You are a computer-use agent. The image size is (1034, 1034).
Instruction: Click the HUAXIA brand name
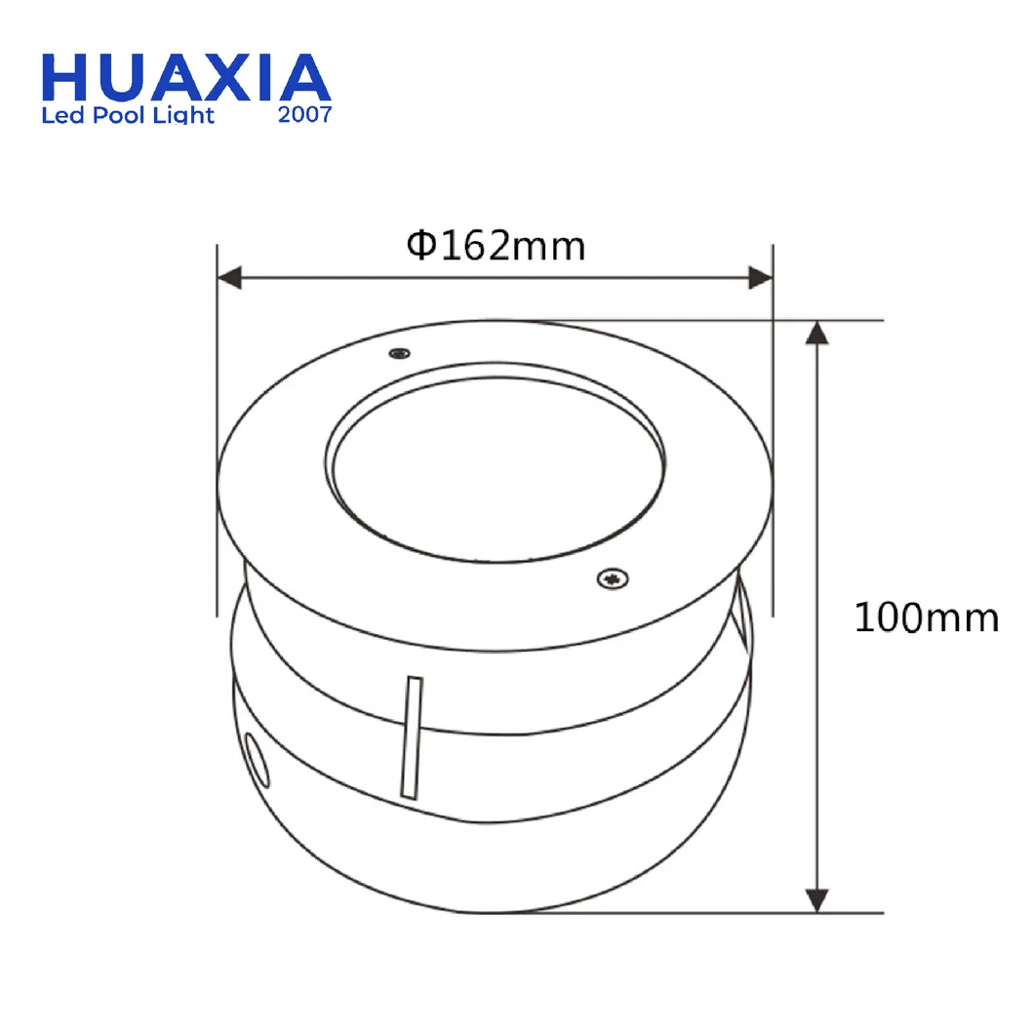[186, 78]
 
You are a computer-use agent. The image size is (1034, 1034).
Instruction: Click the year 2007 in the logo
[304, 115]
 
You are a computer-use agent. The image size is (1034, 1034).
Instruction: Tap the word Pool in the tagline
[118, 115]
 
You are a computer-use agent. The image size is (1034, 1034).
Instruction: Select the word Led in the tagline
[63, 115]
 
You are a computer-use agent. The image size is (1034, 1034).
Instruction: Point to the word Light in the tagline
[183, 115]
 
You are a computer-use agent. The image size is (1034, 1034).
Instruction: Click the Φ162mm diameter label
[496, 246]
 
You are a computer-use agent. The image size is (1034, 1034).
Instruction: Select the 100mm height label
[927, 617]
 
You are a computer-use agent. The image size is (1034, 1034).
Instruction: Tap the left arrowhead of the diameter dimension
[229, 278]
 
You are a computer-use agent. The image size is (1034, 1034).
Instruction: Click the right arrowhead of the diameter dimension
[760, 278]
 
